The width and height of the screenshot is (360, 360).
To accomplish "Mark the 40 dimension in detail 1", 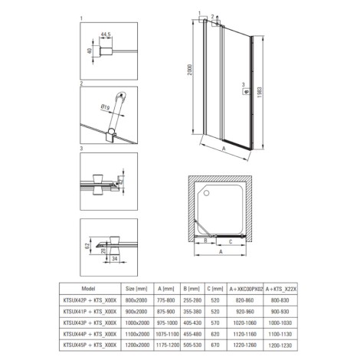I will (90, 51).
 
